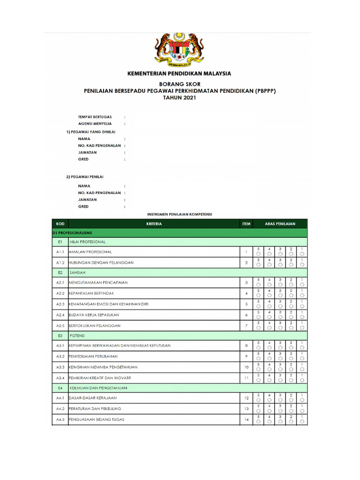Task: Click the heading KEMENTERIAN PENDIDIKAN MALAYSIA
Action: point(180,74)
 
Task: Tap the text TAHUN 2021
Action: point(180,98)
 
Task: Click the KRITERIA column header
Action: point(154,224)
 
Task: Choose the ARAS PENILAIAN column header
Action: point(280,224)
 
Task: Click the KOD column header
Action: point(60,224)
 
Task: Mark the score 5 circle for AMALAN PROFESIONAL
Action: point(258,254)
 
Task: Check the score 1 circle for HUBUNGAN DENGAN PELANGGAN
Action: point(302,265)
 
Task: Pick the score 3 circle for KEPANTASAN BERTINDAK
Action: point(280,295)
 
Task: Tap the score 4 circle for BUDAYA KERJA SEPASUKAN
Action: point(270,316)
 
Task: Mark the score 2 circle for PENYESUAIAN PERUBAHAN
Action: point(291,359)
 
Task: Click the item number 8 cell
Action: point(246,345)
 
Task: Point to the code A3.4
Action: point(60,377)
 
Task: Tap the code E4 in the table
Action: point(60,388)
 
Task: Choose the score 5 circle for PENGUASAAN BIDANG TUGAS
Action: point(258,421)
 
